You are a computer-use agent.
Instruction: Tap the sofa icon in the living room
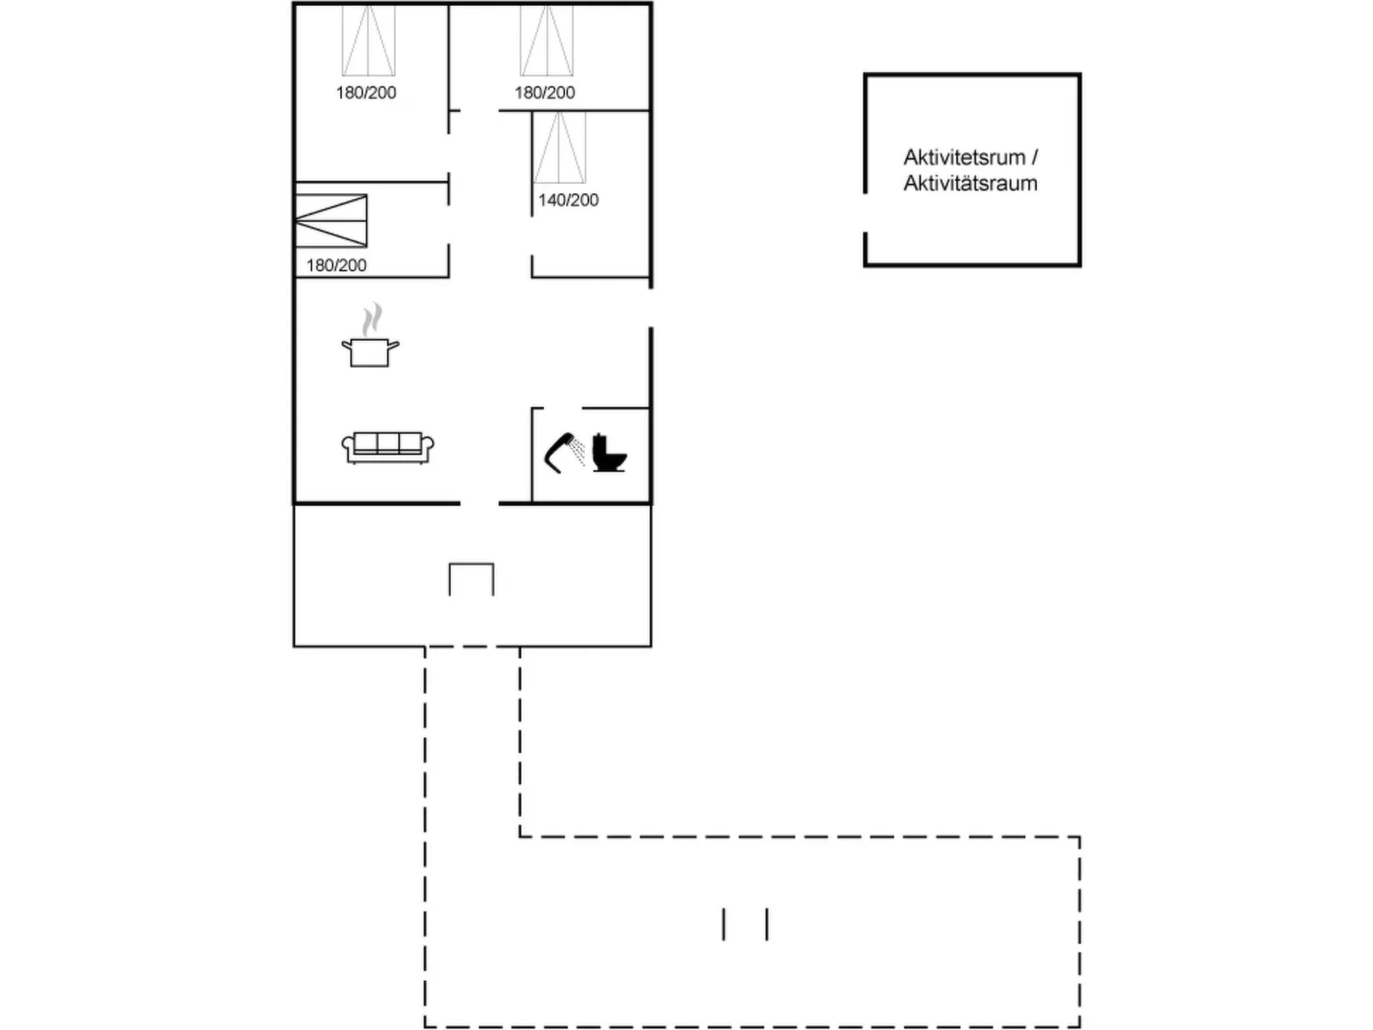click(387, 447)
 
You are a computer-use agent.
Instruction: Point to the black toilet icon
click(610, 453)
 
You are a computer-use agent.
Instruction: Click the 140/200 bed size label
click(569, 200)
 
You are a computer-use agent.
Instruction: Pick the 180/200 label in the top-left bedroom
click(366, 92)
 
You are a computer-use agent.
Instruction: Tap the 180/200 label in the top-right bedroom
click(545, 92)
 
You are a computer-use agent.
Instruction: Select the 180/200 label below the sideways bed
click(336, 265)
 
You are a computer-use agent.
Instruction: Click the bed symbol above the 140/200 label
click(560, 147)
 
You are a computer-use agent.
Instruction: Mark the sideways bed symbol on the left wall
click(331, 221)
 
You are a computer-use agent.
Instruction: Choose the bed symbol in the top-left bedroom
click(368, 40)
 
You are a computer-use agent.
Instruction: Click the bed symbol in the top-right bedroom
click(547, 40)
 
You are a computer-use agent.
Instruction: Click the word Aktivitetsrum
click(963, 157)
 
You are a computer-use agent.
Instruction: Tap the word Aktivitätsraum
click(970, 183)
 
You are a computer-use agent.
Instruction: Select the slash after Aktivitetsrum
click(1034, 157)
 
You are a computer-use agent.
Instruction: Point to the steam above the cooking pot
click(370, 320)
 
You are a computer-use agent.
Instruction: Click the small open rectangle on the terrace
click(471, 579)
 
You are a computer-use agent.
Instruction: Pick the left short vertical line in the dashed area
click(724, 924)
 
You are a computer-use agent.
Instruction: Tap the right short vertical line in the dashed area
click(767, 924)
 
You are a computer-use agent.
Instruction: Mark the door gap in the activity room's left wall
click(865, 213)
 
